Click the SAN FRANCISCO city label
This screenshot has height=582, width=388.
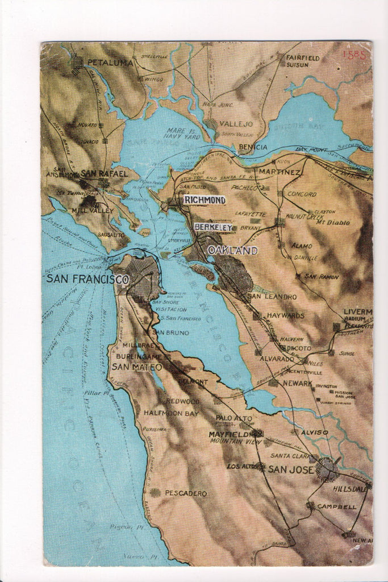click(87, 279)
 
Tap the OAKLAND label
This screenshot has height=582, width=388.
click(232, 251)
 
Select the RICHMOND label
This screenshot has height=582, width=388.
click(205, 200)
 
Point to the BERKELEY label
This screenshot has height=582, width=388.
click(213, 227)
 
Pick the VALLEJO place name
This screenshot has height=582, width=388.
click(236, 124)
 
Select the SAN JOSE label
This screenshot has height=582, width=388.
click(291, 469)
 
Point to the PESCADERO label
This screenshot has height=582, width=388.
click(186, 493)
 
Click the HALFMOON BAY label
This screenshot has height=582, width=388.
click(171, 413)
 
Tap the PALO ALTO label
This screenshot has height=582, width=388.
click(233, 418)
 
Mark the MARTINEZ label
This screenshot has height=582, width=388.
click(279, 172)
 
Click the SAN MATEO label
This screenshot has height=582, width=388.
click(136, 367)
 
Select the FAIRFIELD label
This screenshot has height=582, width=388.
click(303, 57)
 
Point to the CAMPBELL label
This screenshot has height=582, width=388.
click(336, 506)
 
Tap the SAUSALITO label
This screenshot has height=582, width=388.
click(111, 234)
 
